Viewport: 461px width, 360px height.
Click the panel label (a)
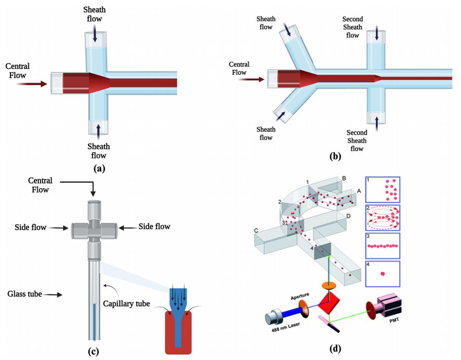tap(98, 169)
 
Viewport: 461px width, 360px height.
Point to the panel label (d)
tap(335, 348)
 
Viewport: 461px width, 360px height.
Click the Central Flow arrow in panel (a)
tap(31, 84)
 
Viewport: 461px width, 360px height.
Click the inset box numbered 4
tap(383, 274)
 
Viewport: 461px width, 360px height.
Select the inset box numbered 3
tap(383, 245)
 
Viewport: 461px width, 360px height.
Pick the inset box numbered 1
tap(383, 189)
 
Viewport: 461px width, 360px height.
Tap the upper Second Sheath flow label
tap(353, 28)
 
